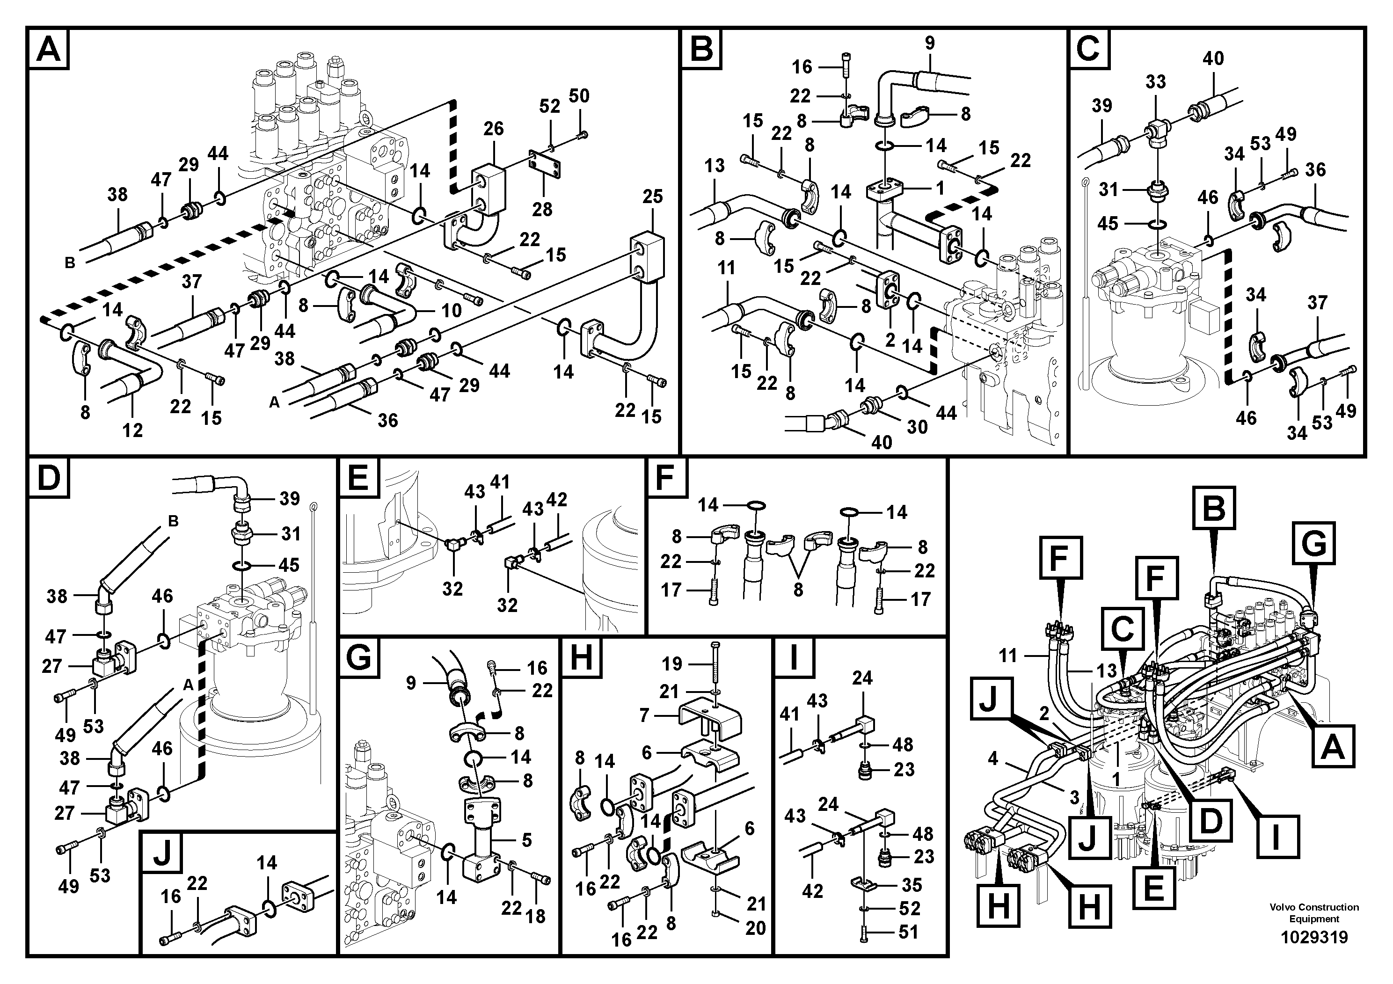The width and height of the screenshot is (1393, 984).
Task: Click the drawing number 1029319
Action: click(x=1313, y=938)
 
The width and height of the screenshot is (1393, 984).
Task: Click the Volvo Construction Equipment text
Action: click(x=1313, y=913)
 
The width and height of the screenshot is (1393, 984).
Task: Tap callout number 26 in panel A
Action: click(x=493, y=129)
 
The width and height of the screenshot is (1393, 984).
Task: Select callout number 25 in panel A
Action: click(x=652, y=197)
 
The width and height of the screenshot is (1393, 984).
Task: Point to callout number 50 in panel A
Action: click(x=579, y=96)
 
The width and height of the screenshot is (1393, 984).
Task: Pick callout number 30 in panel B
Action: click(x=917, y=427)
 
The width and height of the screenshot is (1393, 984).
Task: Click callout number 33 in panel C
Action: click(x=1155, y=82)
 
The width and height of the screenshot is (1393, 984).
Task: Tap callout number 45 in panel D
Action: click(x=288, y=565)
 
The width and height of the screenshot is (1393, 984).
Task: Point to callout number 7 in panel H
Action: click(x=644, y=715)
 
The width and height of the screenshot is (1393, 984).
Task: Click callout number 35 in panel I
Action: click(x=911, y=885)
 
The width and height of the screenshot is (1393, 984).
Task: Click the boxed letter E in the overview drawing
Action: click(x=1153, y=889)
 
